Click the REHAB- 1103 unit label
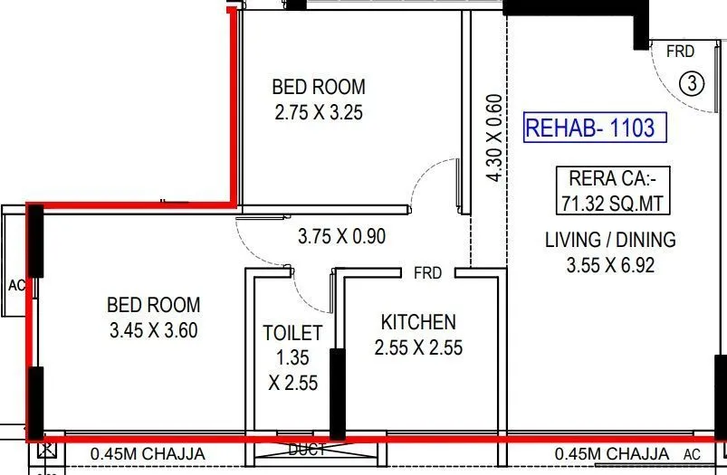[x=589, y=128]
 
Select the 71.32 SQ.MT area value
[x=615, y=203]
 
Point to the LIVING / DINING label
[x=610, y=240]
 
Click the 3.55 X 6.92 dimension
[x=610, y=265]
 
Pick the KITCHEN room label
[x=417, y=322]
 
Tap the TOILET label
[x=292, y=333]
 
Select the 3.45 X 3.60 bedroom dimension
[x=153, y=330]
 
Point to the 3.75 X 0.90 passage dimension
[x=341, y=237]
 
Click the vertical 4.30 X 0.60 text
[x=493, y=138]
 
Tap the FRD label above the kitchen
[x=427, y=272]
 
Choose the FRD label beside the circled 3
[x=680, y=52]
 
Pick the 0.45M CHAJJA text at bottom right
[x=611, y=453]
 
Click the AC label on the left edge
[x=15, y=285]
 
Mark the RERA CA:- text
[x=615, y=177]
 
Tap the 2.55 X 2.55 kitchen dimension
[x=417, y=347]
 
